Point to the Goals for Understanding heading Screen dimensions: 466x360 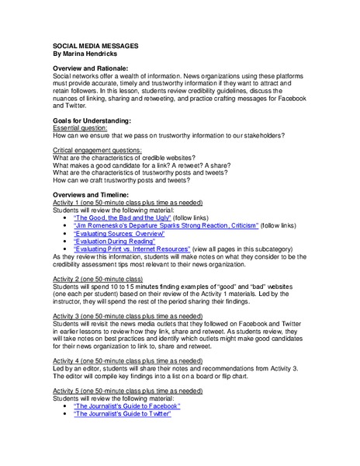92,120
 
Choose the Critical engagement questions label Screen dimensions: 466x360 97,149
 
